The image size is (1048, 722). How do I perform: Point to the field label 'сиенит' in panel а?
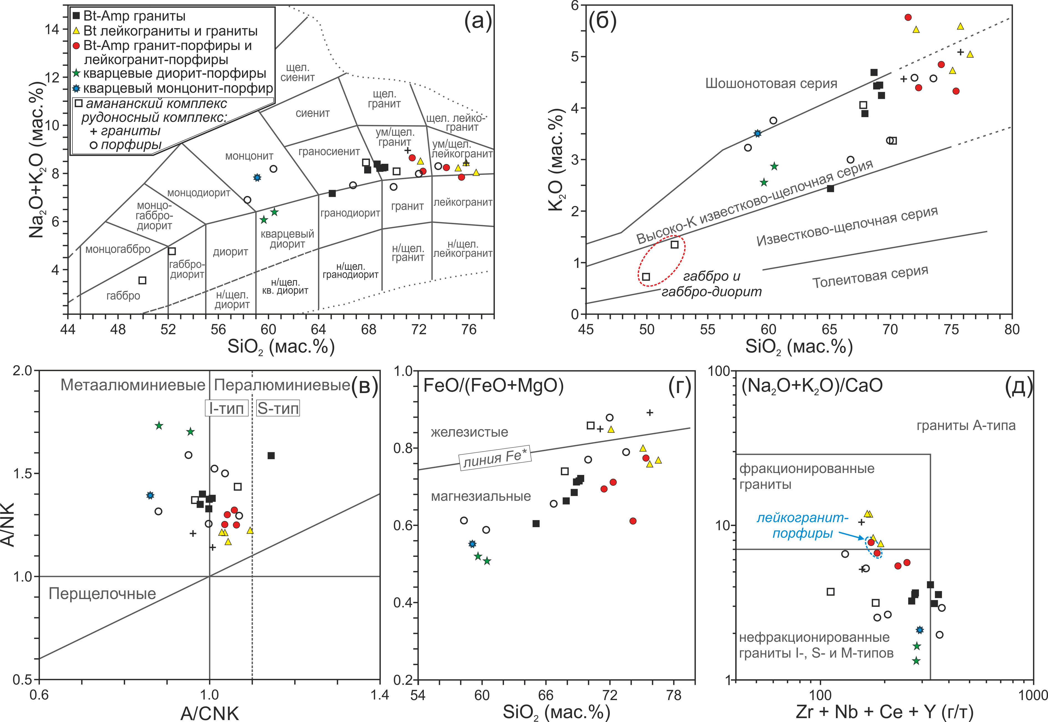coord(313,113)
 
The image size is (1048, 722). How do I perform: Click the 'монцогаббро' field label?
coord(118,249)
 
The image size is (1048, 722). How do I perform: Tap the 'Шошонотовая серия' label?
coord(771,83)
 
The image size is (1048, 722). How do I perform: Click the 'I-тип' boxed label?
coord(226,409)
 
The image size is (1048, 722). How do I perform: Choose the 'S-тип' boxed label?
coord(278,409)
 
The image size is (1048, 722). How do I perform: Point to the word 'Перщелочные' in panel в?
coord(102,593)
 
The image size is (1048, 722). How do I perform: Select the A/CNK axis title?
coord(210,713)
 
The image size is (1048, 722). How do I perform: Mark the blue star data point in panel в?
coord(150,495)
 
